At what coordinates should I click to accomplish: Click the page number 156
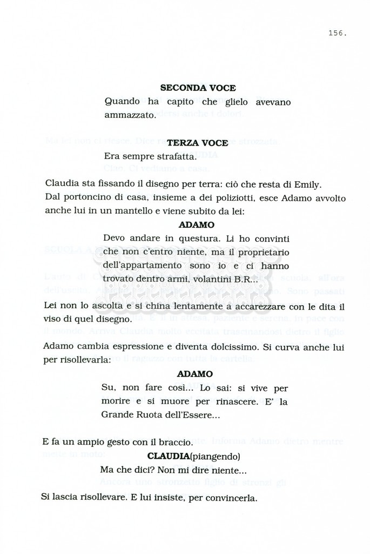click(x=337, y=34)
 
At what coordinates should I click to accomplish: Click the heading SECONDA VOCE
click(x=198, y=88)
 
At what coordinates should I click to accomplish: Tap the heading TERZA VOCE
click(x=197, y=143)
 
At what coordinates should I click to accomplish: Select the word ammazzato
click(x=129, y=115)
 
